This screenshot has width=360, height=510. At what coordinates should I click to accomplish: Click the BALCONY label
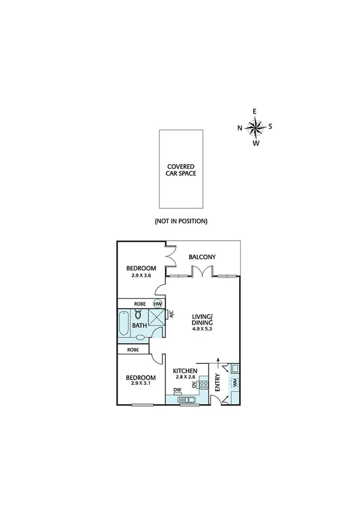(202, 257)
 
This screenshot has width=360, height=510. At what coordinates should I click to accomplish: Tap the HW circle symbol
(157, 304)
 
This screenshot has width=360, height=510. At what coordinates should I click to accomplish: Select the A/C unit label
(171, 313)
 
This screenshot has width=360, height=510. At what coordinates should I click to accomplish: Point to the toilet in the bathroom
(139, 315)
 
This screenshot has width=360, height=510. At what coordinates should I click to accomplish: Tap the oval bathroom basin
(139, 337)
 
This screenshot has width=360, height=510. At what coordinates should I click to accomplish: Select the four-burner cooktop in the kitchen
(204, 384)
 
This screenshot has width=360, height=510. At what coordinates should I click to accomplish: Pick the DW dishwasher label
(177, 390)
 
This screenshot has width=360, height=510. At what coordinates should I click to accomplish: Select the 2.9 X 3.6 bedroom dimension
(141, 275)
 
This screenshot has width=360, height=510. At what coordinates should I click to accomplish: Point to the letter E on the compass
(255, 111)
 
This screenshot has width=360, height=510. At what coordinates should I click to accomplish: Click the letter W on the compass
(255, 143)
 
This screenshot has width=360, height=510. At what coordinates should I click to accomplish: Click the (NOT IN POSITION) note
(181, 221)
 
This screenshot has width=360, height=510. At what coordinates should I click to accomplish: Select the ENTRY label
(217, 382)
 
